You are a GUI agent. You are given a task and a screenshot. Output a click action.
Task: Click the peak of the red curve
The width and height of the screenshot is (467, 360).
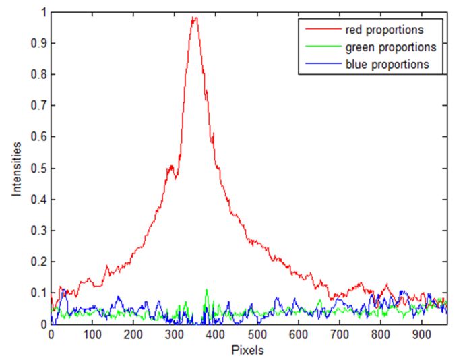point(195,18)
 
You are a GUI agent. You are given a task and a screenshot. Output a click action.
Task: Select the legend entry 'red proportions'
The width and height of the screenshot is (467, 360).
point(383,30)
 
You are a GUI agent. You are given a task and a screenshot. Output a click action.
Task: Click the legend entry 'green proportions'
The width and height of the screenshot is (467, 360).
point(387,47)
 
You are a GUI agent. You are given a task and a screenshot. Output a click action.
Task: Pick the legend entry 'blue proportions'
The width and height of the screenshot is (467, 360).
point(385,65)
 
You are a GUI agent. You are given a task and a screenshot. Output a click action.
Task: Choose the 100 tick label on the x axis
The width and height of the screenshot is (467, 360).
point(92,334)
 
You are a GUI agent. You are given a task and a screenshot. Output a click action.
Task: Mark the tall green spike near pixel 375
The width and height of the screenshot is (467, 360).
point(206,290)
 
